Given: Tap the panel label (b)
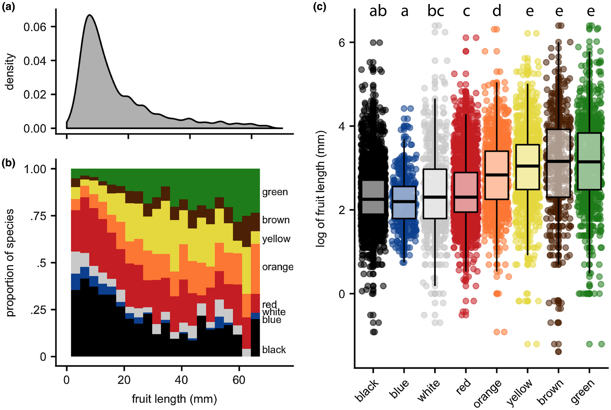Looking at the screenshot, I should coord(8,163).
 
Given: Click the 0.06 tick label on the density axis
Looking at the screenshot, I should coord(35,27).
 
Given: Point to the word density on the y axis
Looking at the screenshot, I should coord(10,72).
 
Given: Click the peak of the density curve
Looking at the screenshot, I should coord(90,15).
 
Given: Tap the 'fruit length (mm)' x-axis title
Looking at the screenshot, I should coord(174,399).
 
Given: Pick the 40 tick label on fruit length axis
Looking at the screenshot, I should coord(181,380).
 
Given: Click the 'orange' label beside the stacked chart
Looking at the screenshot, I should coord(278,267).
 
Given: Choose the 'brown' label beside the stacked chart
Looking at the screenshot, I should coord(276,220).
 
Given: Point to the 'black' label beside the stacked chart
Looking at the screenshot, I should coord(274,350).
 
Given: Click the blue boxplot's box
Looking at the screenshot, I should coord(404,203).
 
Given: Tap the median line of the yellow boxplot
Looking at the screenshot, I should coord(527,166).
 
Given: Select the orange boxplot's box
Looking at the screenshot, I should coord(496,175).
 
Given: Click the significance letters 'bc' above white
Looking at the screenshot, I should coord(436,11).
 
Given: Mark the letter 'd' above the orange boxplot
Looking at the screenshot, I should coord(496,11).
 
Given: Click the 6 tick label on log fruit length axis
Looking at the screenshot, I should coord(341,43).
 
